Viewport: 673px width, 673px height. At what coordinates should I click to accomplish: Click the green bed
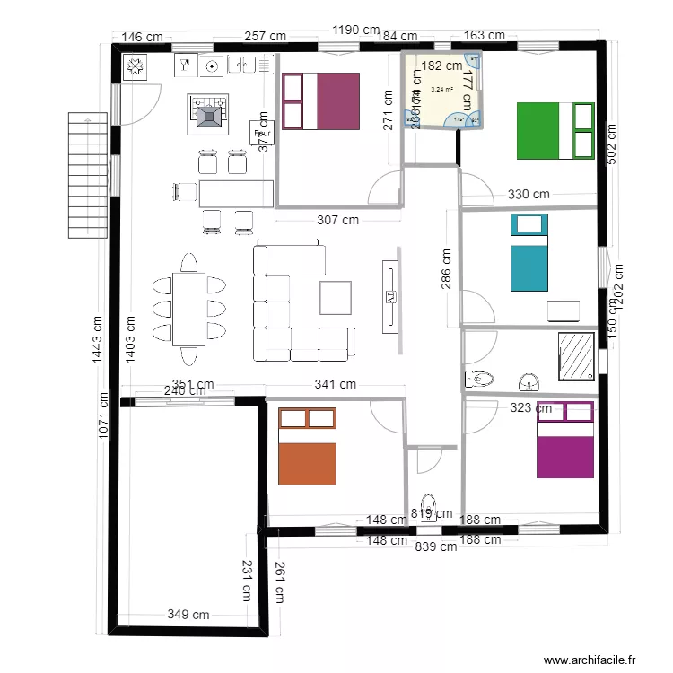click(x=555, y=131)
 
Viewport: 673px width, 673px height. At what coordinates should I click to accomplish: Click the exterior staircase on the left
click(x=87, y=175)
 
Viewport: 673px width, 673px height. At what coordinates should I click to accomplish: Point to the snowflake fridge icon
click(x=136, y=66)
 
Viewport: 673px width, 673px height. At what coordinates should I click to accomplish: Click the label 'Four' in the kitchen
click(x=262, y=133)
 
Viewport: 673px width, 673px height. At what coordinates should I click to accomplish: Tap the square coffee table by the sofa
click(x=336, y=297)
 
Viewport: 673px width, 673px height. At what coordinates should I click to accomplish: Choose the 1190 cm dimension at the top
click(x=356, y=31)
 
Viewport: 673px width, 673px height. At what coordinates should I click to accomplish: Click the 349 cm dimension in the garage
click(x=188, y=615)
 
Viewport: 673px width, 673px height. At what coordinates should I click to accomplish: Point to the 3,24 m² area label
click(x=441, y=89)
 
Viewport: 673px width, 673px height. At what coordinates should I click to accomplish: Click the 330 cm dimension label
click(x=529, y=194)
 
